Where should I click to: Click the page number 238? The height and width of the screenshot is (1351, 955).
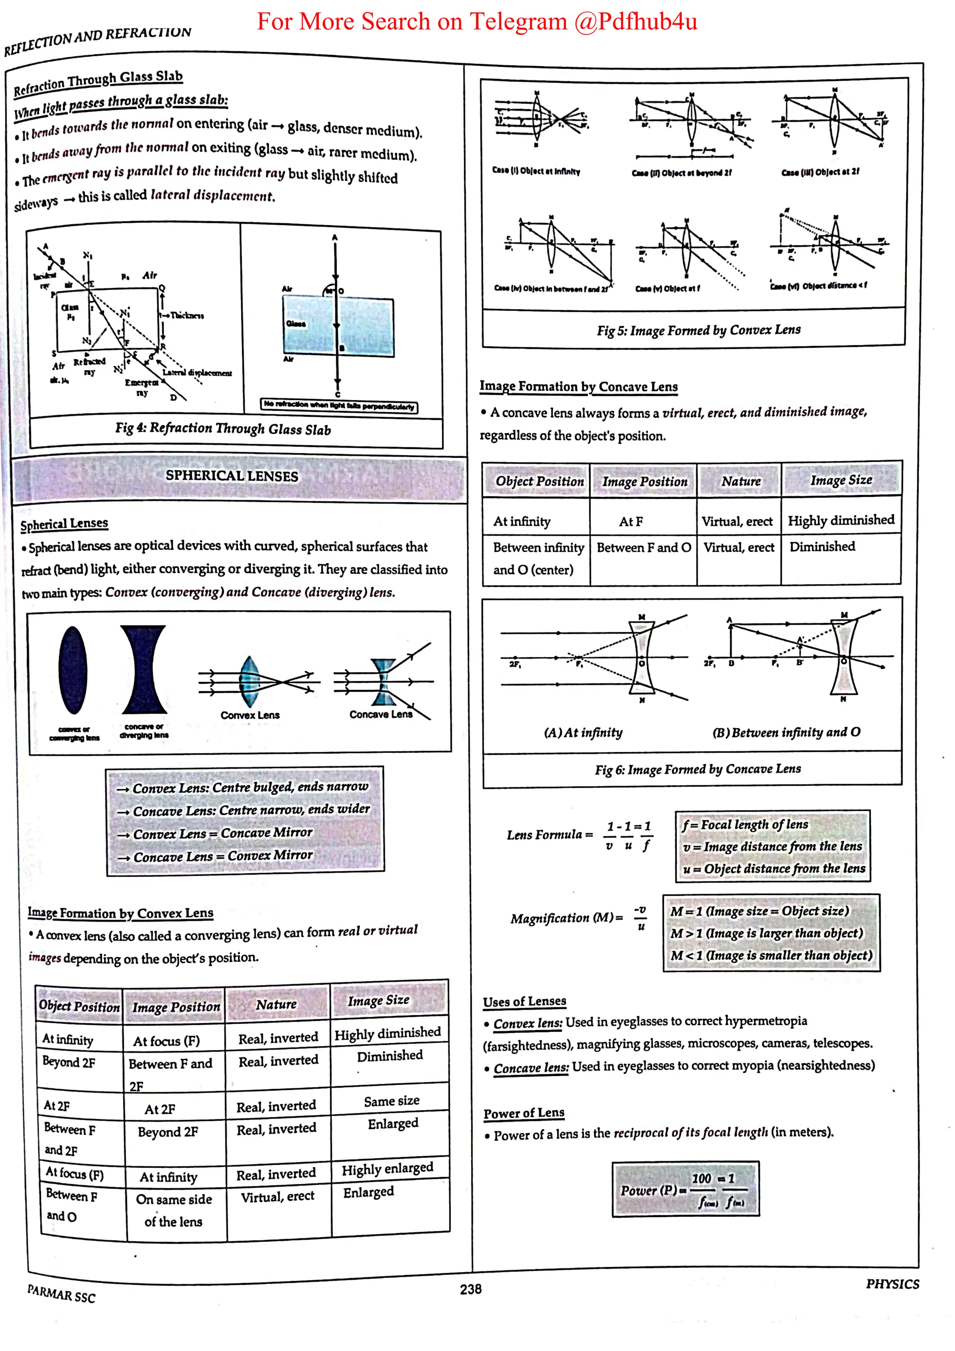point(470,1289)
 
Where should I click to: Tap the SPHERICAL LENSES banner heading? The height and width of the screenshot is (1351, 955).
point(232,476)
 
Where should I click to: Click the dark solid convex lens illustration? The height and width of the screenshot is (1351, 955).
point(73,670)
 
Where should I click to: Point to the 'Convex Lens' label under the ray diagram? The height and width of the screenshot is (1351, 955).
point(250,715)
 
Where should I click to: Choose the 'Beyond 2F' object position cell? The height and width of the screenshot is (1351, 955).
point(69,1062)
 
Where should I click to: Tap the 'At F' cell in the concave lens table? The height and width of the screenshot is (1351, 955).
point(631,521)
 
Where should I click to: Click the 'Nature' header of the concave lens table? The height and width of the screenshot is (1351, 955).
point(741,481)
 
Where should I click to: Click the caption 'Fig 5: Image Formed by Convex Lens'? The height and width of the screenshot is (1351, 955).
point(699,330)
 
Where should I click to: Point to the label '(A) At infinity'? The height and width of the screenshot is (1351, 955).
point(583,732)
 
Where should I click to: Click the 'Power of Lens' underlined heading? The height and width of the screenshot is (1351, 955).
point(524,1113)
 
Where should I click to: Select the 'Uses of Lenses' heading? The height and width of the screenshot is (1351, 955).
point(524,1001)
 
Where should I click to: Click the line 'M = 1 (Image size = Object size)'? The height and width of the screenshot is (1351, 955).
point(760,911)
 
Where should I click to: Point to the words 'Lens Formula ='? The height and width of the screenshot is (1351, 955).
point(550,834)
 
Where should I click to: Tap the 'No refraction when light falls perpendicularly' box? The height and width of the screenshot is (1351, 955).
point(339,406)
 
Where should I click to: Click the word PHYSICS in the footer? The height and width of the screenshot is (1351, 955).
point(892,1284)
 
